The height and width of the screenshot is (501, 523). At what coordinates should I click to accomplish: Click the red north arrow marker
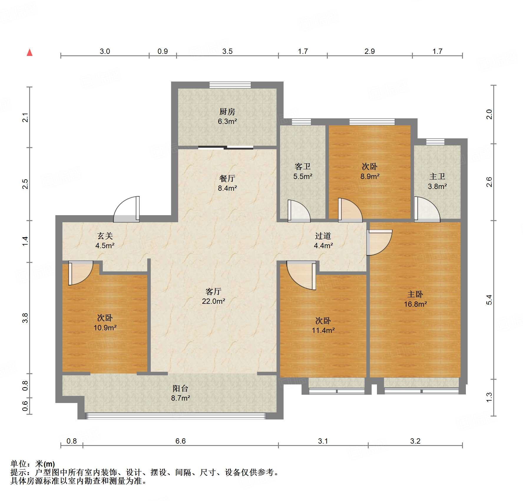[x=30, y=53]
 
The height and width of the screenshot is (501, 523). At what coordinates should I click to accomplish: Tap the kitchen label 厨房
[x=227, y=112]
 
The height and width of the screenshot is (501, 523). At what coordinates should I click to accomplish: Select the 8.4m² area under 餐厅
[x=227, y=188]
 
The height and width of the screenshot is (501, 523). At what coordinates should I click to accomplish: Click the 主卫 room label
[x=437, y=176]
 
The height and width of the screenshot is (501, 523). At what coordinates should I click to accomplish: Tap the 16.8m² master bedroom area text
[x=415, y=304]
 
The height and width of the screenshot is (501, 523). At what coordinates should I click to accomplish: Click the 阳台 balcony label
[x=180, y=388]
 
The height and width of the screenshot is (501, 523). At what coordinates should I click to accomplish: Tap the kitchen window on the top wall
[x=230, y=85]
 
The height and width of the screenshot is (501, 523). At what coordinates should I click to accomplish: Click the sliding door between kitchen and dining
[x=226, y=148]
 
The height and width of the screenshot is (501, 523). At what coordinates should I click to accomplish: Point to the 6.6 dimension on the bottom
[x=180, y=441]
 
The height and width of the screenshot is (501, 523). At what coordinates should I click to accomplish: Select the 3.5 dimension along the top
[x=227, y=52]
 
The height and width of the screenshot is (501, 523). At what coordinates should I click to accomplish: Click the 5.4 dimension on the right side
[x=489, y=300]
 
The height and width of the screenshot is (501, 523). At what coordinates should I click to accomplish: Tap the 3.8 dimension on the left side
[x=25, y=318]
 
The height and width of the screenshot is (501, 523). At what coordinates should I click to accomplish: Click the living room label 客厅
[x=213, y=291]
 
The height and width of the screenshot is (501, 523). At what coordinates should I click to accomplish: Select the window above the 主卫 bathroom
[x=435, y=142]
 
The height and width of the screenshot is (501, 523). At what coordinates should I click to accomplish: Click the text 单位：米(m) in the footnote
[x=33, y=464]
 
